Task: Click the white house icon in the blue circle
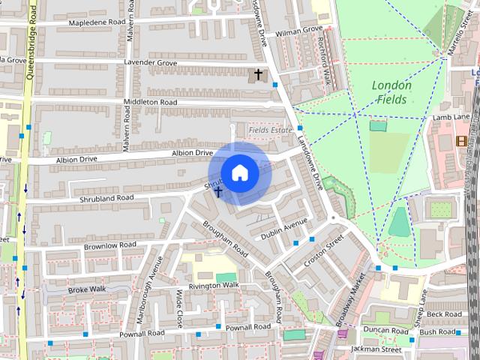(239, 172)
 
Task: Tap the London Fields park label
(391, 92)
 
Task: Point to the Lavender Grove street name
(151, 63)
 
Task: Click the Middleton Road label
(150, 102)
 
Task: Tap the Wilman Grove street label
(298, 31)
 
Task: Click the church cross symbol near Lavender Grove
(259, 74)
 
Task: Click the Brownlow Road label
(110, 245)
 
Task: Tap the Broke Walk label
(88, 289)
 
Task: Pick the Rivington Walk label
(214, 286)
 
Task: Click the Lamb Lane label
(450, 118)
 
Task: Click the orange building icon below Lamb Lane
(460, 140)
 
